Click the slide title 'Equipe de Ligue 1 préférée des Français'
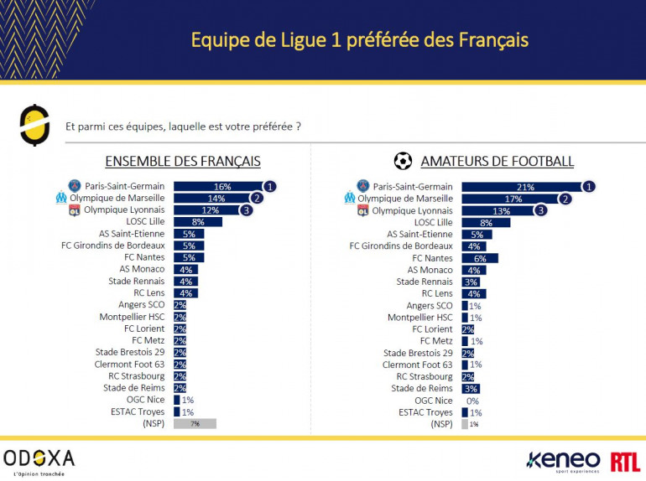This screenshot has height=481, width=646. click(x=359, y=39)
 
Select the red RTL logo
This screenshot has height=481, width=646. click(x=625, y=460)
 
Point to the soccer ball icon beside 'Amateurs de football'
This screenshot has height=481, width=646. click(x=403, y=161)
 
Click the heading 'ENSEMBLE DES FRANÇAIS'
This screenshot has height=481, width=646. click(x=182, y=161)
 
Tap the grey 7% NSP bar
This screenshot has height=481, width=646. click(x=195, y=424)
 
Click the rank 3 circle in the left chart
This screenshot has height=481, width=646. click(x=247, y=210)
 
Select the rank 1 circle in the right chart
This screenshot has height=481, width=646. click(x=589, y=186)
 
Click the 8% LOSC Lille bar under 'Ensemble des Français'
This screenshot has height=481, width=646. click(x=198, y=222)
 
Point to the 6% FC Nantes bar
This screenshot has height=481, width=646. click(x=479, y=258)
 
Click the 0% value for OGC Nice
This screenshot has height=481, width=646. click(x=474, y=401)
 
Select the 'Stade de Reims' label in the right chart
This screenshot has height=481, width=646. click(x=422, y=389)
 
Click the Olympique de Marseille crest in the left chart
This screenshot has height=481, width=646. click(x=60, y=199)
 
